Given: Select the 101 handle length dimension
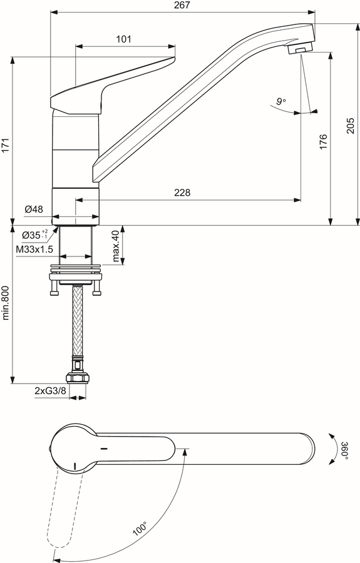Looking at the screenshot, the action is pyautogui.click(x=123, y=39).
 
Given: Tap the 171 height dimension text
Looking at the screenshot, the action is pyautogui.click(x=6, y=145).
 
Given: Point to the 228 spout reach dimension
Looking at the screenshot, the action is pyautogui.click(x=183, y=193).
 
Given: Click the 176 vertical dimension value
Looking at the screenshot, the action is pyautogui.click(x=323, y=142).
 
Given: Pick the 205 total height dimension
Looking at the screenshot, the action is pyautogui.click(x=351, y=126).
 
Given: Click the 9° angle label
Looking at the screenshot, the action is pyautogui.click(x=281, y=101).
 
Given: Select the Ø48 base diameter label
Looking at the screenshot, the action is pyautogui.click(x=34, y=209).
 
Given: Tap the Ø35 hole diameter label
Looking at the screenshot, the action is pyautogui.click(x=34, y=235).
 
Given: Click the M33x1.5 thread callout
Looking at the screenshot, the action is pyautogui.click(x=34, y=249).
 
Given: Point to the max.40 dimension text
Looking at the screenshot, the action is pyautogui.click(x=116, y=246).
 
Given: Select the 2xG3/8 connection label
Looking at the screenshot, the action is pyautogui.click(x=51, y=391).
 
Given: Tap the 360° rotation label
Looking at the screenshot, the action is pyautogui.click(x=344, y=449).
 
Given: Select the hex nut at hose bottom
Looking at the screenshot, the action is pyautogui.click(x=77, y=378).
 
